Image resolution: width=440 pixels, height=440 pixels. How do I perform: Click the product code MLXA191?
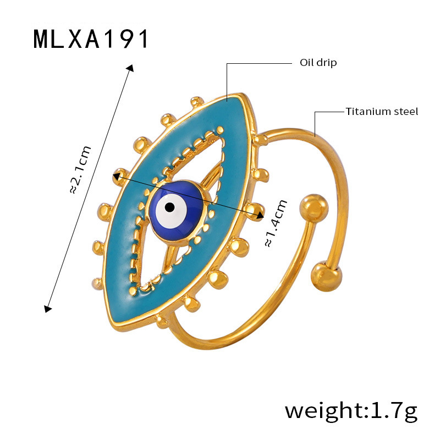click(91, 39)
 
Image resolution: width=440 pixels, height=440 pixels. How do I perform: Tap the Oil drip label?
click(318, 63)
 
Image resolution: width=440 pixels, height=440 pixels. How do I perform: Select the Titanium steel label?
click(382, 112)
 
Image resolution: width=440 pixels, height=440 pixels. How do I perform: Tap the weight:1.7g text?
click(351, 410)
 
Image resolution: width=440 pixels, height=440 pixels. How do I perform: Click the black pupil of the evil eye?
click(170, 207)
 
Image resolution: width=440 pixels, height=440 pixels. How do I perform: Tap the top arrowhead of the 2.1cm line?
click(130, 68)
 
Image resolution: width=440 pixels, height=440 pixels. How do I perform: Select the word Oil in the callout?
click(306, 63)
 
